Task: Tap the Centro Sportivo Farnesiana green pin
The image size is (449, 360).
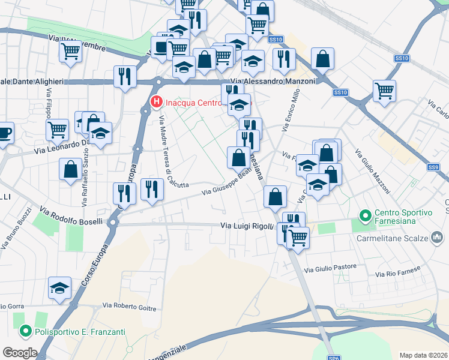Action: point(364,214)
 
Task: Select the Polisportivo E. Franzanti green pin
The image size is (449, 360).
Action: point(25,331)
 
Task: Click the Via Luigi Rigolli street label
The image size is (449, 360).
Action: point(247,226)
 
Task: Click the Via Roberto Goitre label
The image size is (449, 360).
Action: point(130,307)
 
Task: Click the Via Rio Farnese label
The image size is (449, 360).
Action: point(396,272)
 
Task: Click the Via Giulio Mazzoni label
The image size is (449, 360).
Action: point(372,172)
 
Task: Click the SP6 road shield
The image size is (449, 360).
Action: point(335,358)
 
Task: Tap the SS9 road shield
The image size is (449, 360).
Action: point(434,167)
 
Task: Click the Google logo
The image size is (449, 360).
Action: point(20,353)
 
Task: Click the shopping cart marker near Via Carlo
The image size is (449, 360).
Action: point(384,91)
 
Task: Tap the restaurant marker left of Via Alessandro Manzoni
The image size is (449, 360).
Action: point(125,76)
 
